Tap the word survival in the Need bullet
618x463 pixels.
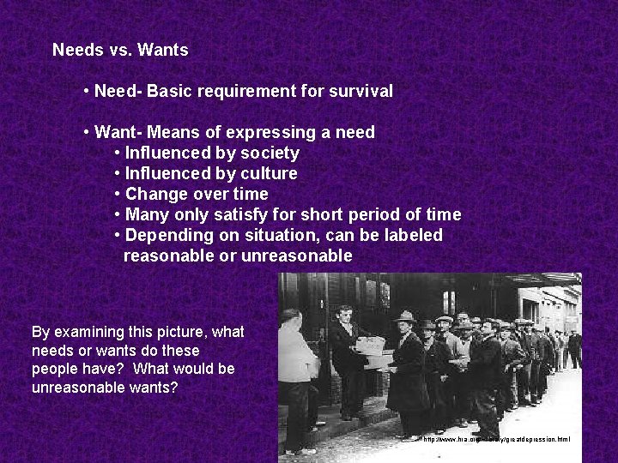361,91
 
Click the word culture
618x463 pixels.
269,173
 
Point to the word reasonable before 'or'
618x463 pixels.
169,256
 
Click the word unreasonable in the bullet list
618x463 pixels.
297,256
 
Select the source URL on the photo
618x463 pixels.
496,439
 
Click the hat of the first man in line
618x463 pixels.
403,317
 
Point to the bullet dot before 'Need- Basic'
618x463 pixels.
88,91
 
